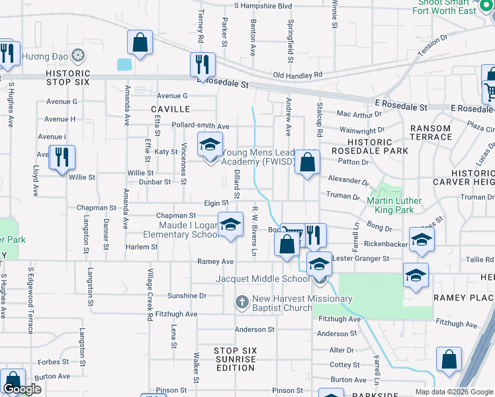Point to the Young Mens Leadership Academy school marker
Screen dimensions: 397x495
pos(210,145)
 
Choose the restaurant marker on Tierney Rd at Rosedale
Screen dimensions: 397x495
pos(202,65)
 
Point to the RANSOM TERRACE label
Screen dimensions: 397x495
pos(431,133)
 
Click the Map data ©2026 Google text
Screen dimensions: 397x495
pos(454,392)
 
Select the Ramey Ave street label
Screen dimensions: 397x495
pos(216,262)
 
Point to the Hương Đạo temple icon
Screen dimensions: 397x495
pos(78,55)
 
